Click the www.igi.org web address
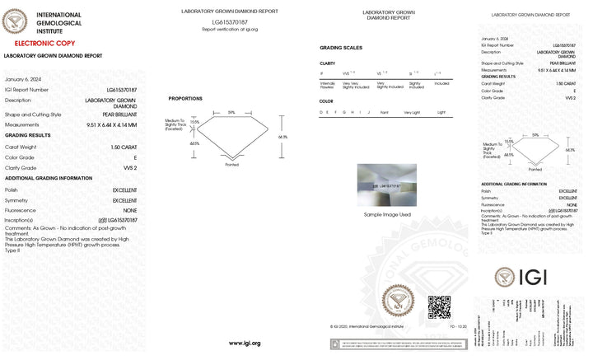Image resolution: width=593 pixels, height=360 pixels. coord(245,343)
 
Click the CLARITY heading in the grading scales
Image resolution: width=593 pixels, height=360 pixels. coord(327,63)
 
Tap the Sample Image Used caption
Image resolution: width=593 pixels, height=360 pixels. coord(386,214)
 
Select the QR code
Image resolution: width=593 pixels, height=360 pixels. coord(439,306)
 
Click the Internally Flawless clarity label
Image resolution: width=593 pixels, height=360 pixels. coord(327,84)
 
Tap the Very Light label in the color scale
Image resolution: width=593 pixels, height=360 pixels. coord(412,111)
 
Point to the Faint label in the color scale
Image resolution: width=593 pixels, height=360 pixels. coord(385,111)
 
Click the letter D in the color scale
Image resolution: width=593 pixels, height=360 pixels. coord(322,111)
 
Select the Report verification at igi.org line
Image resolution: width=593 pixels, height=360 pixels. coord(230,29)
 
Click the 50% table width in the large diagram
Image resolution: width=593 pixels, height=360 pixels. coord(231,112)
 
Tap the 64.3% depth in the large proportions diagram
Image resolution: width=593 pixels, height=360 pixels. coord(282,136)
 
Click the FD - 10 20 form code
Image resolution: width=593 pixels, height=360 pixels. coord(458,327)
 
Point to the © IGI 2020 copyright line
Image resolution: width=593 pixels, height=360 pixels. coord(366,327)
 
